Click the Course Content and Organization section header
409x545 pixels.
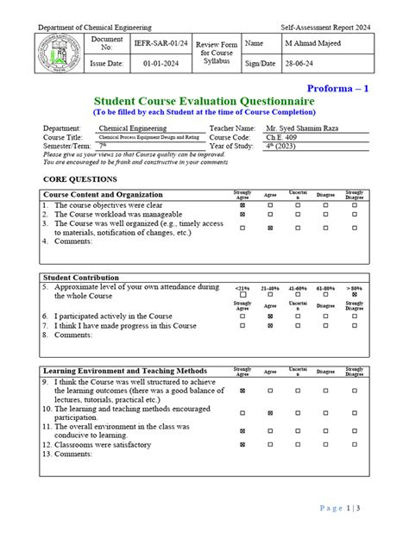click(103, 195)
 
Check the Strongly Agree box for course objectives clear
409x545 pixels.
click(242, 206)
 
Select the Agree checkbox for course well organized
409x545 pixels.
click(270, 228)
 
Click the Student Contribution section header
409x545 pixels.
click(82, 278)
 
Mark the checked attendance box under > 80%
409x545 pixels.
click(354, 295)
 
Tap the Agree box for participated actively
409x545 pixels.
click(270, 316)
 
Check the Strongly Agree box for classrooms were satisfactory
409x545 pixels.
click(242, 444)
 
